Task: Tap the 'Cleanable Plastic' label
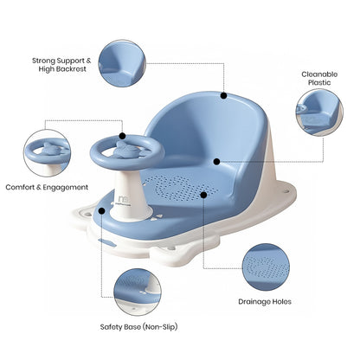(x=319, y=80)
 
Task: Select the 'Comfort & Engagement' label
(x=47, y=187)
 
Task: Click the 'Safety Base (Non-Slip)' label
(x=120, y=328)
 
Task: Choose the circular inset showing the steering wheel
(x=50, y=152)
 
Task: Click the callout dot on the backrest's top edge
(x=223, y=96)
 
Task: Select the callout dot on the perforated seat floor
(x=204, y=195)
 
